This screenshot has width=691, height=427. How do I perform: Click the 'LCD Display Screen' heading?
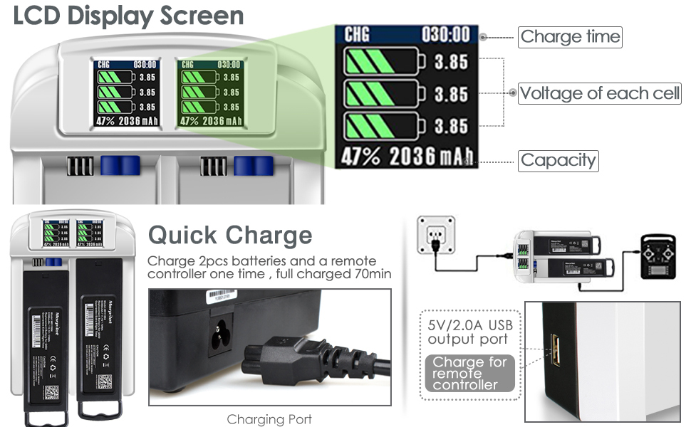[128, 16]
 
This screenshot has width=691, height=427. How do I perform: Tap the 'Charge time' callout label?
[570, 37]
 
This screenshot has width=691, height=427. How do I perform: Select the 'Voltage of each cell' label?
[599, 93]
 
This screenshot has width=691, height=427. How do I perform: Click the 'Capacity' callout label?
[558, 160]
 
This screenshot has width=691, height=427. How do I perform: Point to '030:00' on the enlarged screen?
[445, 35]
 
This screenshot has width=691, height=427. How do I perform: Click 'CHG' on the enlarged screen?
[357, 35]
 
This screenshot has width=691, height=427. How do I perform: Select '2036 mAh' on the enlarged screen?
[432, 157]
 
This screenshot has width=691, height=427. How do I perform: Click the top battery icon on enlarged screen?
[385, 62]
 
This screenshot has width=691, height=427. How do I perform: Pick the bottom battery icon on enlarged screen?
[385, 127]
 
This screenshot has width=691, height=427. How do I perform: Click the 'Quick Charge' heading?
[230, 235]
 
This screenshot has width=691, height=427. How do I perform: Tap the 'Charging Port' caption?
[269, 419]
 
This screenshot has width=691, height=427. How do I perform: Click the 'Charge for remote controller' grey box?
[469, 374]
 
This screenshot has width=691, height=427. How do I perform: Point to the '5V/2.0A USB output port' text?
[469, 332]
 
